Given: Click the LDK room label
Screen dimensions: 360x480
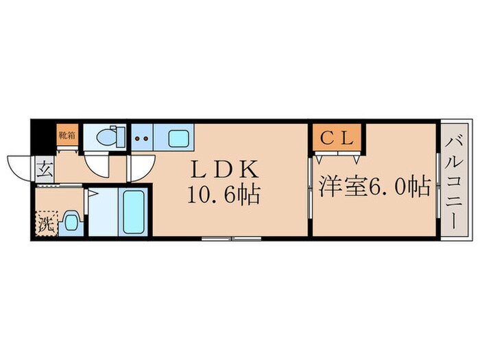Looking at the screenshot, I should pos(223,169).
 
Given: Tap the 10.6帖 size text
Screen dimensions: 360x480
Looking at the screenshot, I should pos(223,196).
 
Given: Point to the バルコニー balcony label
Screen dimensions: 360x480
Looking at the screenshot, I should pos(454,182).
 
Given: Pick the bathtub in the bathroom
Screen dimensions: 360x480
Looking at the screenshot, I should pos(133,213).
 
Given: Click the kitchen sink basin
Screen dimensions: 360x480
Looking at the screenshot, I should pos(176,137).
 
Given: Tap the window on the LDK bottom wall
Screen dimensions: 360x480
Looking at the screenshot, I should pos(230,239).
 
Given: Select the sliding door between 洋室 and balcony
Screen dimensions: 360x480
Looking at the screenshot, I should pos(437,182).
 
